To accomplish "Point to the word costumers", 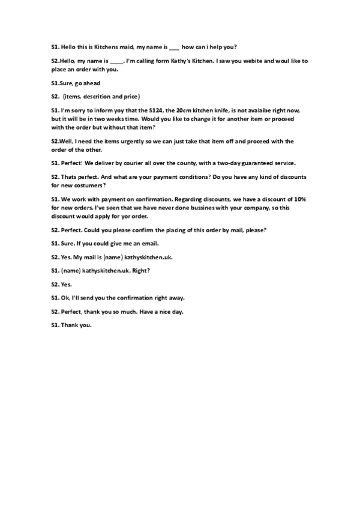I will (82, 185).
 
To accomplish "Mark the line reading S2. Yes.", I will (61, 284).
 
